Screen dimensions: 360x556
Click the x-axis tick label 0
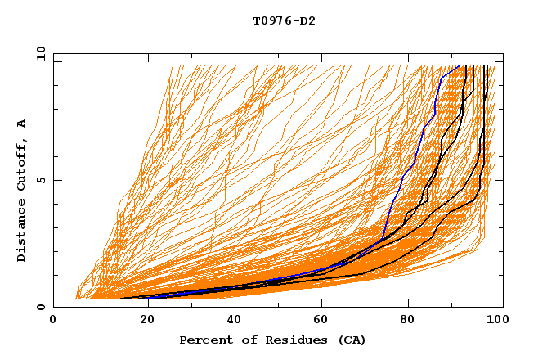click(x=53, y=320)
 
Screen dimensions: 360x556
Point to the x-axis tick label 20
click(x=142, y=320)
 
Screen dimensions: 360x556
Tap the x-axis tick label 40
click(x=231, y=320)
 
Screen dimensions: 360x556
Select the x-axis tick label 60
click(x=321, y=320)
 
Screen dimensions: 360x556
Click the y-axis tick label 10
click(x=39, y=53)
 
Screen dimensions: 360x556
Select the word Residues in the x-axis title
click(x=285, y=340)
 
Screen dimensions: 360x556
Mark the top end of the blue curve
click(x=460, y=66)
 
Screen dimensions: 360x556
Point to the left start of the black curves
click(x=122, y=299)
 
